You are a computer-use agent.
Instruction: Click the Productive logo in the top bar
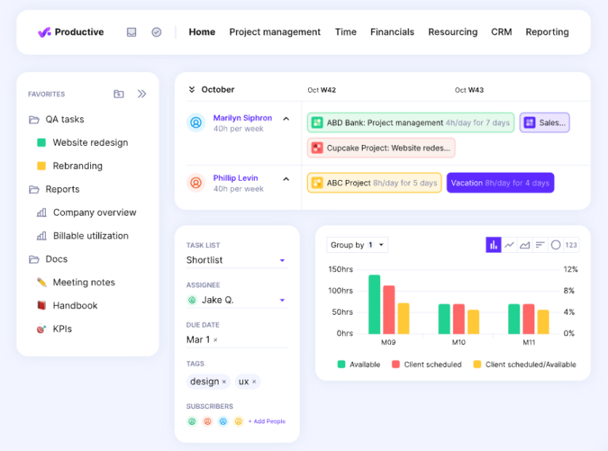[70, 32]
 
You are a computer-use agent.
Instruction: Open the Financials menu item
[392, 32]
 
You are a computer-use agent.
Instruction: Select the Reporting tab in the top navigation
[547, 32]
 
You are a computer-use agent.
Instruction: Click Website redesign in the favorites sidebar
[89, 143]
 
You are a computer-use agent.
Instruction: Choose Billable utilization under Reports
[90, 235]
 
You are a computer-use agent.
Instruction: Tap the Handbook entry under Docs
[75, 305]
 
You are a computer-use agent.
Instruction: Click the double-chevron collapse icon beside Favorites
[142, 94]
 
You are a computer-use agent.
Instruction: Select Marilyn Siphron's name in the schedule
[242, 118]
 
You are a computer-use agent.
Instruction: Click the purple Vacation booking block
[500, 183]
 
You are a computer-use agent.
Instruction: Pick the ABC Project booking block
[374, 183]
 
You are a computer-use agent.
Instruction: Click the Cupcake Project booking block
[381, 148]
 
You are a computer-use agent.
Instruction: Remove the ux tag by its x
[254, 382]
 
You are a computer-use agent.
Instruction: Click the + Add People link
[267, 422]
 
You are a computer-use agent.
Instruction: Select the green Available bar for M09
[374, 304]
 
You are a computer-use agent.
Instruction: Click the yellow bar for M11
[543, 321]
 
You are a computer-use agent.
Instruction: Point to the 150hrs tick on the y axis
[340, 269]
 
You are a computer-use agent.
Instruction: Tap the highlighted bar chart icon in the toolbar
[493, 245]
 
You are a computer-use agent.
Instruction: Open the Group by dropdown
[357, 245]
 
